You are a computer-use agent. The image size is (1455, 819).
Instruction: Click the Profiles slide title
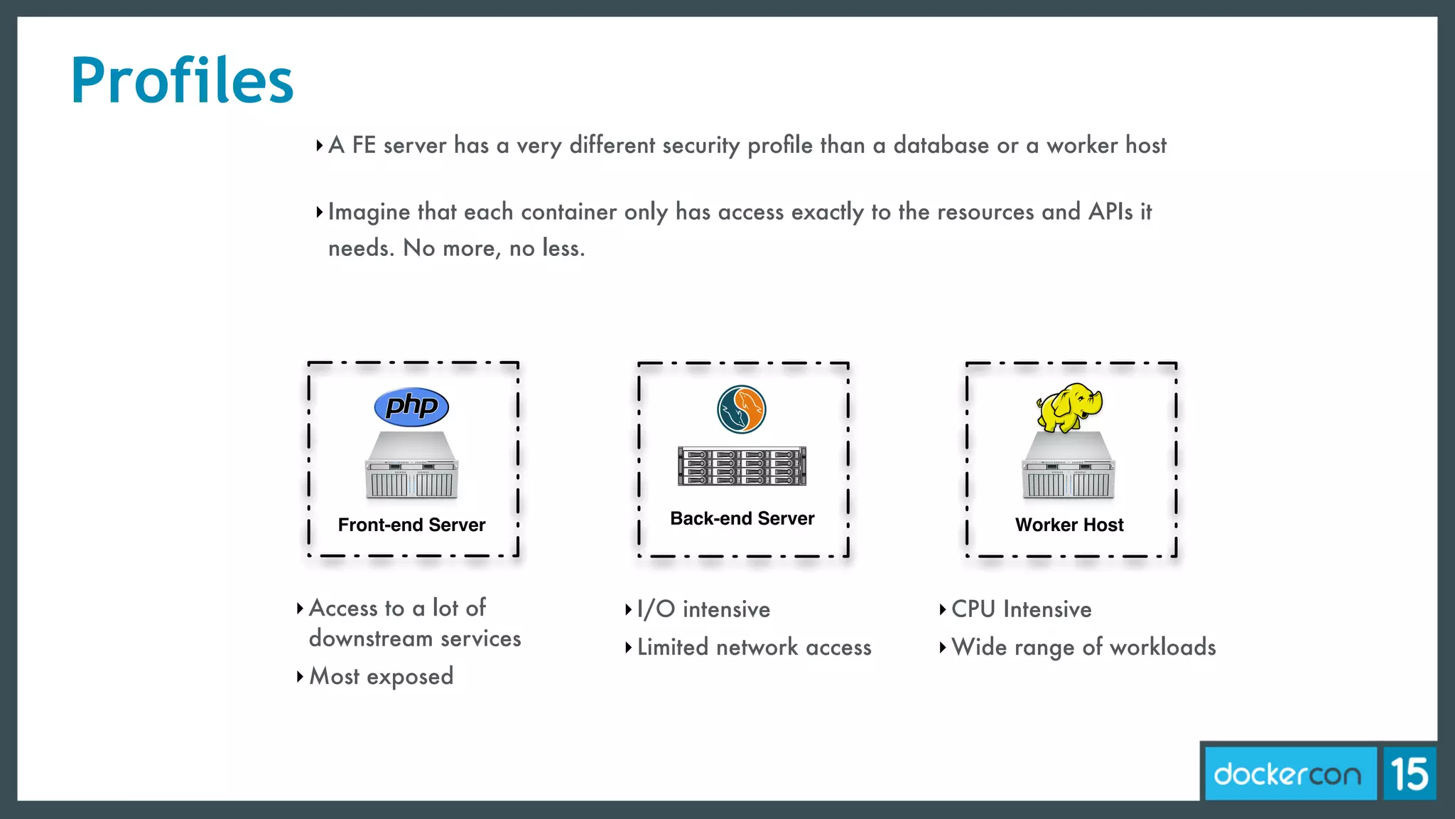pyautogui.click(x=182, y=81)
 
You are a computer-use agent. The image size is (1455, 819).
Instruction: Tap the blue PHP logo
pyautogui.click(x=411, y=407)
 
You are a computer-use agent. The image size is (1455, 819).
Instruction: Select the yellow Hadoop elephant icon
pyautogui.click(x=1069, y=407)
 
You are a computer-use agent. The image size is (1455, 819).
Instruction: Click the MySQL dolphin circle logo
pyautogui.click(x=741, y=409)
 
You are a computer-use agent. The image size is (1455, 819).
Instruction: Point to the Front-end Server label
pyautogui.click(x=411, y=525)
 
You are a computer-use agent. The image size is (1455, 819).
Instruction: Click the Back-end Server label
pyautogui.click(x=742, y=518)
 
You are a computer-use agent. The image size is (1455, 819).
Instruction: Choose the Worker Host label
pyautogui.click(x=1069, y=525)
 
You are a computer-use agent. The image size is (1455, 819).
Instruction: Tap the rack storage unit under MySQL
pyautogui.click(x=742, y=466)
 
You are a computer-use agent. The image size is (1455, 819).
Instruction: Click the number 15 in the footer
pyautogui.click(x=1409, y=774)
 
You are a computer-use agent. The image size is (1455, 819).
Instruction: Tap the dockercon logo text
pyautogui.click(x=1287, y=774)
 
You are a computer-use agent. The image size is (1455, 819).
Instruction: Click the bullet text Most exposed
pyautogui.click(x=382, y=676)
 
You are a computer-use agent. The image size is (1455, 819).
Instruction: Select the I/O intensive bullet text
pyautogui.click(x=703, y=609)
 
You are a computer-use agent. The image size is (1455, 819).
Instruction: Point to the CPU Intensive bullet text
pyautogui.click(x=1021, y=609)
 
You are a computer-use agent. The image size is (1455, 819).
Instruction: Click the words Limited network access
pyautogui.click(x=754, y=648)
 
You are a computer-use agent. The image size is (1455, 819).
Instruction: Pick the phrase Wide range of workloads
pyautogui.click(x=1083, y=648)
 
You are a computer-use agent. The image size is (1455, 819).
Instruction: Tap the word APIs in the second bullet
pyautogui.click(x=1110, y=212)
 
